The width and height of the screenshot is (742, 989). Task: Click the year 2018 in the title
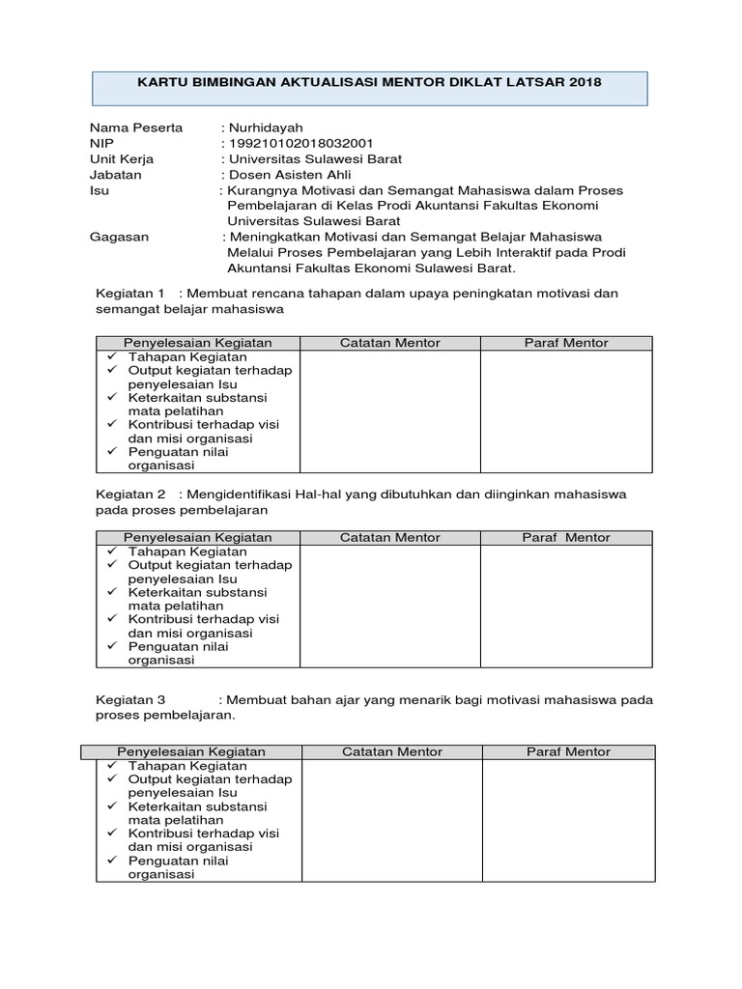585,82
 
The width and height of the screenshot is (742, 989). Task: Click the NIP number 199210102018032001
298,143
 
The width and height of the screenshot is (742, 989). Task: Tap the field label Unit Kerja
122,159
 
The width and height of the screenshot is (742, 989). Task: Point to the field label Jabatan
116,175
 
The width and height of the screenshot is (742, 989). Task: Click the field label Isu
100,190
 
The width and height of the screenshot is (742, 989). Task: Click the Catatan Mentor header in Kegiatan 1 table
390,343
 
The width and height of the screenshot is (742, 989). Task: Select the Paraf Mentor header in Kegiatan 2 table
566,537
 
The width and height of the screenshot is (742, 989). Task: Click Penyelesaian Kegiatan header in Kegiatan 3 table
191,751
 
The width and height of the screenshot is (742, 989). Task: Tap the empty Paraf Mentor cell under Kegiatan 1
566,410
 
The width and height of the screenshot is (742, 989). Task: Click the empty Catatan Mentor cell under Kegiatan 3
392,820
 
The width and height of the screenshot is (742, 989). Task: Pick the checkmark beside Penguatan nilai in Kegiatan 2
112,646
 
